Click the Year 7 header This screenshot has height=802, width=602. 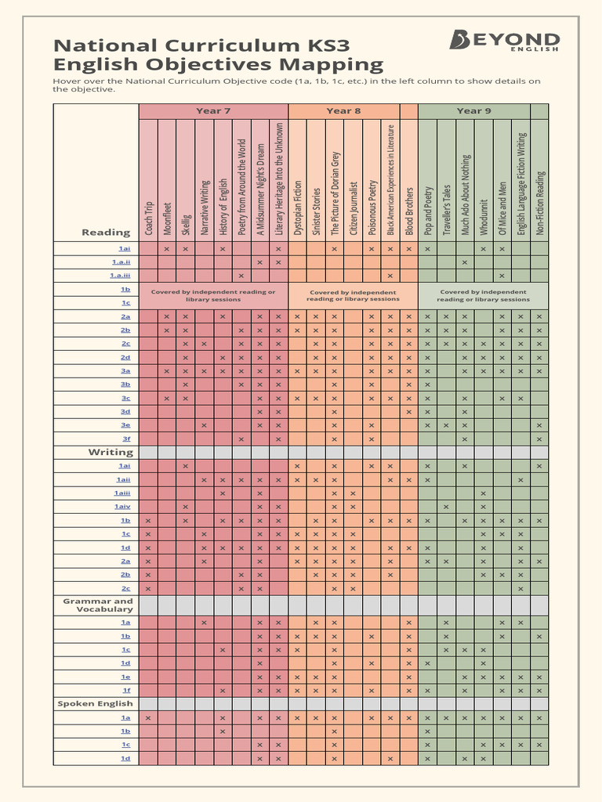point(213,111)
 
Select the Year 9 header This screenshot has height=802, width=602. point(473,111)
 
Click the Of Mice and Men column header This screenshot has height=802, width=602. point(502,208)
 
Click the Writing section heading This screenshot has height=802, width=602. point(111,452)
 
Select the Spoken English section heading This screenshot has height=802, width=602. point(95,703)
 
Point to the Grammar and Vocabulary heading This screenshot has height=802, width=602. point(98,605)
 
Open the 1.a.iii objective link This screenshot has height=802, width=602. point(120,276)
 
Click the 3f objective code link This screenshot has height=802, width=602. point(125,439)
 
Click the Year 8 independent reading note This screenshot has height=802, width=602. point(353,295)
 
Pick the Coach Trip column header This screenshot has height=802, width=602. point(148,215)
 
